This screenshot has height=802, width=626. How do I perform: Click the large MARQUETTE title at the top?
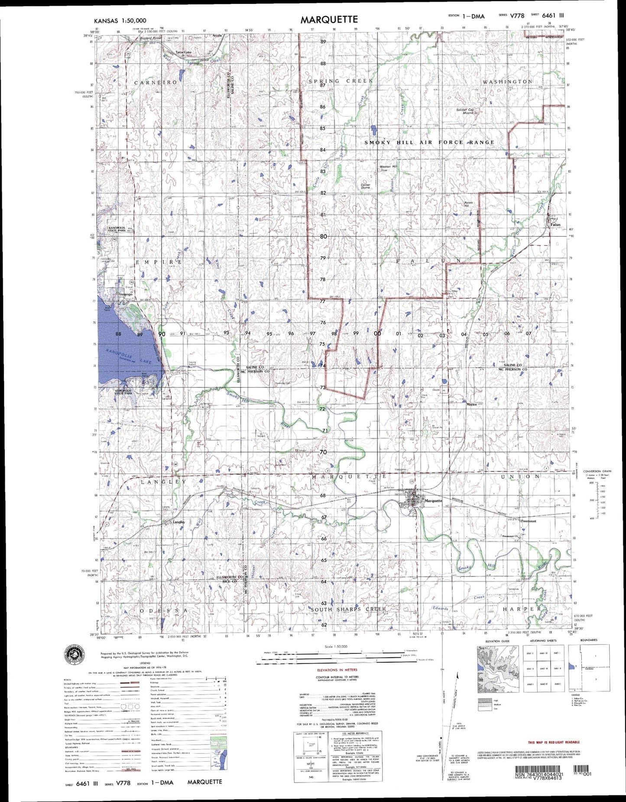pos(329,19)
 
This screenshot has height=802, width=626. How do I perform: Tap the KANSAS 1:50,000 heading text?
pos(120,20)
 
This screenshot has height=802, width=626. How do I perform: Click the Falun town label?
pos(555,225)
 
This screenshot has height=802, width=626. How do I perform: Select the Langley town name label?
pos(179,522)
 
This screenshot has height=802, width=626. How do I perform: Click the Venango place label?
pos(125,294)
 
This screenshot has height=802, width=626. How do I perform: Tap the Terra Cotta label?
pos(184,52)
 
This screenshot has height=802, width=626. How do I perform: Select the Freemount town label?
pos(528,521)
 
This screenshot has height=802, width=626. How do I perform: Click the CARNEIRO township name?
pos(156,82)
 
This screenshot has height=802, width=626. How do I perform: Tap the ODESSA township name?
pos(164,610)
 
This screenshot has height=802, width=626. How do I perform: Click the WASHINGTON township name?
pos(507,81)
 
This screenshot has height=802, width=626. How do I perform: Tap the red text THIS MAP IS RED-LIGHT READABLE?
pos(554,742)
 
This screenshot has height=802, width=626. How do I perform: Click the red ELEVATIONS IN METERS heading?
pos(337,669)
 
